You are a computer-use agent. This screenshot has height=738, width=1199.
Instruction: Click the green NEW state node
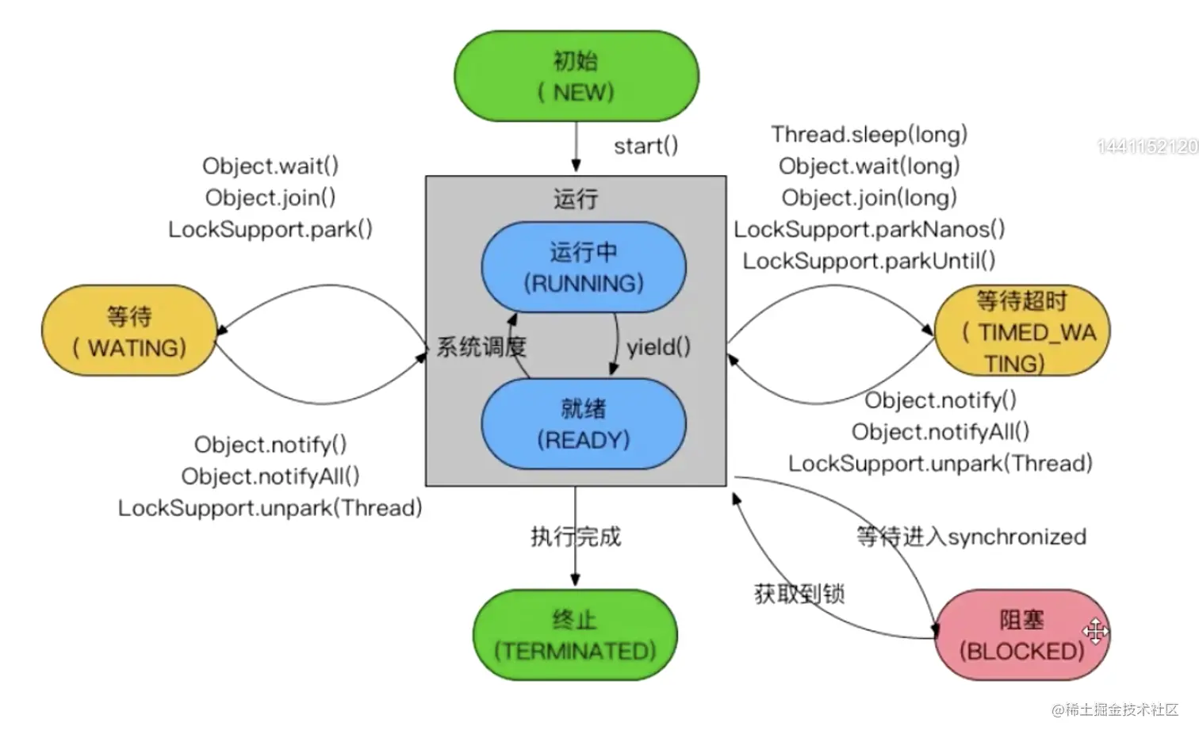tap(577, 76)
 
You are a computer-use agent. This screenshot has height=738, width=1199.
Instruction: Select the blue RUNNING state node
tap(584, 267)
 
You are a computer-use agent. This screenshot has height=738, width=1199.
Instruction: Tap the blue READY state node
tap(584, 424)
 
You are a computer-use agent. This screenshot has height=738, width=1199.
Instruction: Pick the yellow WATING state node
tap(129, 331)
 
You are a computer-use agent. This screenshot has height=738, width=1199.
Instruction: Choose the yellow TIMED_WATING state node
tap(1022, 331)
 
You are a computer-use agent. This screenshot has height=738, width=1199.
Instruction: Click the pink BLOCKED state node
tap(1021, 635)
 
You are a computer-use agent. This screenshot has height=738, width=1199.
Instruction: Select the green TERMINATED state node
tap(576, 635)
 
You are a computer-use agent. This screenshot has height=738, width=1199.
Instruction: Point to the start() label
tap(646, 146)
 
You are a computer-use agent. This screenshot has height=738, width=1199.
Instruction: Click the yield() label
tap(659, 347)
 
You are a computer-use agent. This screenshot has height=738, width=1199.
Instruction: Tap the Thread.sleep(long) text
tap(869, 134)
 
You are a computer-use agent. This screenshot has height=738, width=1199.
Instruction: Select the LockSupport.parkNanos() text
tap(869, 229)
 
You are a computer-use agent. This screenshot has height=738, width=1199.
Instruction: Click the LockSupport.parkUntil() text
tap(869, 261)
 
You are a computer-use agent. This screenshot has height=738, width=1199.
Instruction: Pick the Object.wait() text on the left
tap(270, 166)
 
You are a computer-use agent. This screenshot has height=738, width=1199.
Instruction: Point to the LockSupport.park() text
tap(270, 229)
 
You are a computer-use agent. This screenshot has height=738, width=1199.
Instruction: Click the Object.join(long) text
tap(869, 197)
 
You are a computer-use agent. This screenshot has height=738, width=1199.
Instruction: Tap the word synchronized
tap(1017, 537)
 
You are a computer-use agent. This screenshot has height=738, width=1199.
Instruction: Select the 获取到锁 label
tap(799, 593)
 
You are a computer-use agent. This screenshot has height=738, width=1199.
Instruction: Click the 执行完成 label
tap(576, 537)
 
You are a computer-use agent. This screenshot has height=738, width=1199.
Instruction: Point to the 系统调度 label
tap(481, 347)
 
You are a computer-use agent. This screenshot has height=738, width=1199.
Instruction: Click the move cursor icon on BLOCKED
tap(1096, 631)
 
